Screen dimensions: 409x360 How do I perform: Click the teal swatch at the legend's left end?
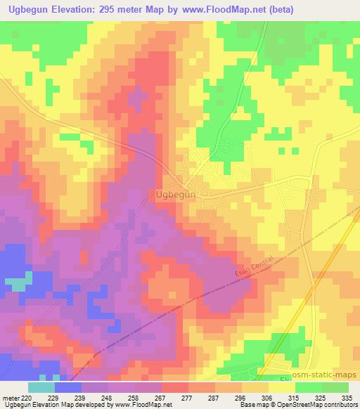coord(41,387)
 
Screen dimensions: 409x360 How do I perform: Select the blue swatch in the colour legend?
coord(67,387)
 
